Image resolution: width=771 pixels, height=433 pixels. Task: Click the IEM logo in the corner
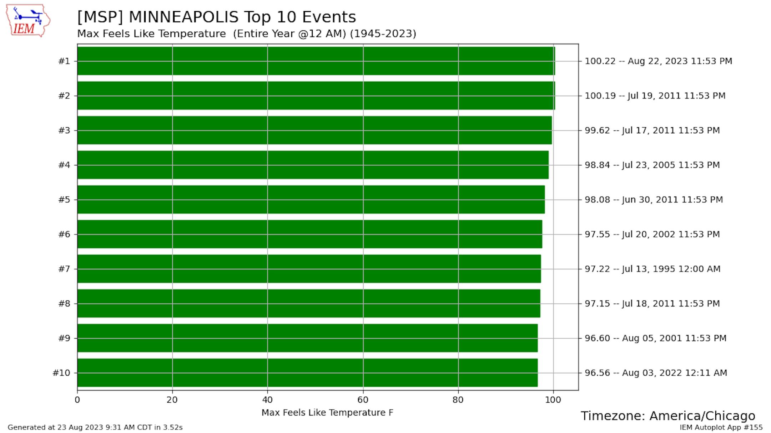click(x=28, y=21)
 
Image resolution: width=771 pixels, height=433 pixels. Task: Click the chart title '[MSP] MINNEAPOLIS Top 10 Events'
click(x=216, y=17)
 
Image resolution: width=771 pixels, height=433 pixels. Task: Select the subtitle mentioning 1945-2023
click(x=246, y=34)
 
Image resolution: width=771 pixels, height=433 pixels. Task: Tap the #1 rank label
click(x=64, y=61)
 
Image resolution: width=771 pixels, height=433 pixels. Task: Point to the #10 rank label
click(x=61, y=373)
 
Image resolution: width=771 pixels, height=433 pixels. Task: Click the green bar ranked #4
click(x=313, y=165)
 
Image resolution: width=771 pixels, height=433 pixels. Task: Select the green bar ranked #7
click(x=309, y=269)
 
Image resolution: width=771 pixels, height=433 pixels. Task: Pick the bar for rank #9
click(x=307, y=338)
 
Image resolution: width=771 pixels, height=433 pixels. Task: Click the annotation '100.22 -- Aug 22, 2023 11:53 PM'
click(x=658, y=61)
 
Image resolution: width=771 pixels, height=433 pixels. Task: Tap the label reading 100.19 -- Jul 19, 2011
click(x=655, y=96)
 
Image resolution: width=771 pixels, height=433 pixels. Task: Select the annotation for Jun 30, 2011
click(x=654, y=200)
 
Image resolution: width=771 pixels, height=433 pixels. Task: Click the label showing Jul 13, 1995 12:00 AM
click(x=652, y=269)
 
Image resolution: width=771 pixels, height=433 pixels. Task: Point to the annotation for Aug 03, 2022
click(x=655, y=373)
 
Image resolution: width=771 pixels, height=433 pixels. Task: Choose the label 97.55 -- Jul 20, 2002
click(x=652, y=234)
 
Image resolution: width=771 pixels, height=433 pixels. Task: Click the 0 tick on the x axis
click(x=77, y=400)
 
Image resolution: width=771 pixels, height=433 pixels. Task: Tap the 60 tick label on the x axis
click(x=363, y=400)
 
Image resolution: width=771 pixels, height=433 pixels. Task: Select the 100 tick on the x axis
click(x=553, y=400)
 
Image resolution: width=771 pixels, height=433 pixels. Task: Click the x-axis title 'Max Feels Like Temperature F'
click(x=327, y=413)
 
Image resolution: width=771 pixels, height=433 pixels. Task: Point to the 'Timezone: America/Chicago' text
click(x=667, y=416)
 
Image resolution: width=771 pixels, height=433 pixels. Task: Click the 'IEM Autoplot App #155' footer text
click(x=721, y=427)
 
